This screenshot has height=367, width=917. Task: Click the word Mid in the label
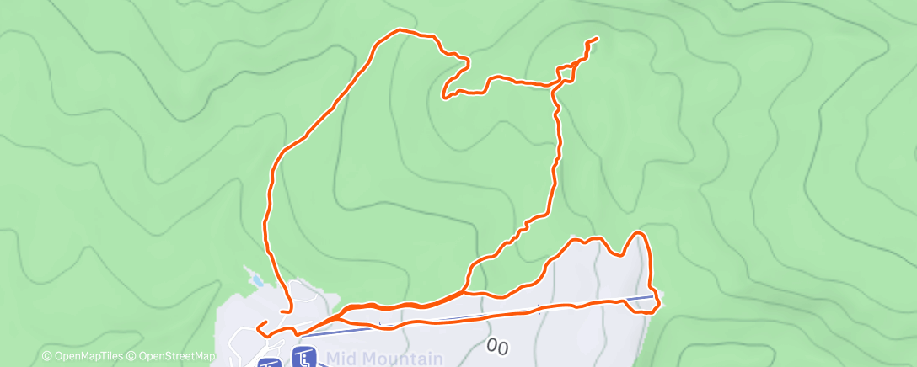tap(341, 359)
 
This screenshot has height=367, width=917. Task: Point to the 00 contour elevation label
tap(497, 346)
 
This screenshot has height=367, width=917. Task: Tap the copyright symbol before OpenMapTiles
tap(46, 357)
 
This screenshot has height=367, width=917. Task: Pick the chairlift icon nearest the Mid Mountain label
tap(303, 358)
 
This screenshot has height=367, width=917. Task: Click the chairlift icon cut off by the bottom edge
tap(269, 364)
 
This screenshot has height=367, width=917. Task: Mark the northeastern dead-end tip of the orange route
tap(597, 39)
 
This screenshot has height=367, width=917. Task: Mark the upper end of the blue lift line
tap(654, 295)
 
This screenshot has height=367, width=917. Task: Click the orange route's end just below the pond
tap(282, 311)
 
